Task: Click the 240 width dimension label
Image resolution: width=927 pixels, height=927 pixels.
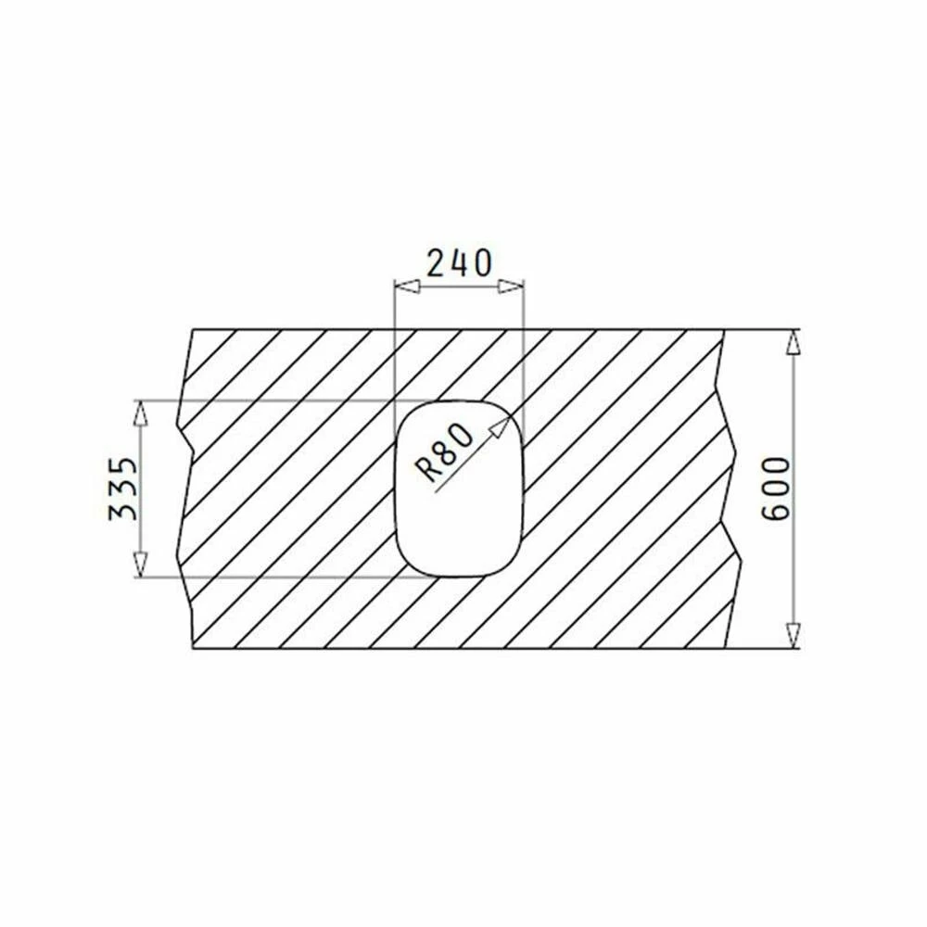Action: point(459,263)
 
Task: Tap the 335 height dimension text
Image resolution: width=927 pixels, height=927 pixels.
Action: point(123,489)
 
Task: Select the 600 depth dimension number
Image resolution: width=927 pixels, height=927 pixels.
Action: point(775,489)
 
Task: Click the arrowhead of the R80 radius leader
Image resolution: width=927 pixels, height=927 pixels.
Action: point(502,425)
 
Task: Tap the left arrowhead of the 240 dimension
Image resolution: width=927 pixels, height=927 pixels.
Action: point(407,286)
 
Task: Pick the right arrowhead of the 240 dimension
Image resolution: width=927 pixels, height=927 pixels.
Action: point(511,286)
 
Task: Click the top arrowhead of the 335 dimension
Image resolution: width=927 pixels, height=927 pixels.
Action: point(140,413)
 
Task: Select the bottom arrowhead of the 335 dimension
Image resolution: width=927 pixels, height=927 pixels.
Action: point(140,564)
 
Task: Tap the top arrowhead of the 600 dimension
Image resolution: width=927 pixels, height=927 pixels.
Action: point(793,342)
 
